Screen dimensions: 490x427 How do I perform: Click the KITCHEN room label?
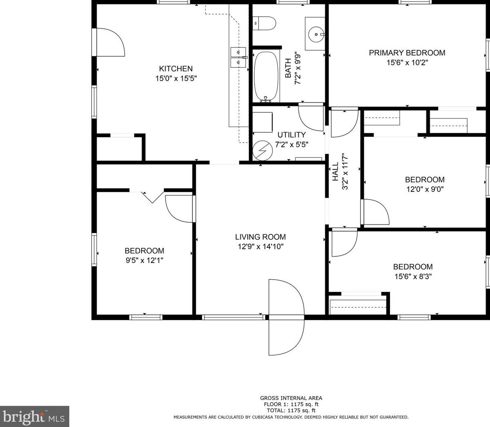pyautogui.click(x=176, y=69)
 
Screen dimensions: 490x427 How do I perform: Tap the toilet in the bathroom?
pyautogui.click(x=264, y=23)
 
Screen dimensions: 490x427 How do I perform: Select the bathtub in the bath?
pyautogui.click(x=266, y=77)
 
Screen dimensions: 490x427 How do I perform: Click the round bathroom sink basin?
pyautogui.click(x=316, y=35)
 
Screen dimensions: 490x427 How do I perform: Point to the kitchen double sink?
pyautogui.click(x=238, y=57)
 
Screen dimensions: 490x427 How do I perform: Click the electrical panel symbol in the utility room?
pyautogui.click(x=263, y=151)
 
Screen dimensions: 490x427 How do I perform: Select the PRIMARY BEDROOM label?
pyautogui.click(x=407, y=53)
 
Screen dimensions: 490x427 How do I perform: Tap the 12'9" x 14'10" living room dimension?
pyautogui.click(x=261, y=247)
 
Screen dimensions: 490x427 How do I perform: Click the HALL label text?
pyautogui.click(x=335, y=171)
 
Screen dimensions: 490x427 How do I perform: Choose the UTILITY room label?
pyautogui.click(x=291, y=135)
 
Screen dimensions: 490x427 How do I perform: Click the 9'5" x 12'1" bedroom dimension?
pyautogui.click(x=144, y=260)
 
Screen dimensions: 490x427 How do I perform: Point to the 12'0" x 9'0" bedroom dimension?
pyautogui.click(x=425, y=189)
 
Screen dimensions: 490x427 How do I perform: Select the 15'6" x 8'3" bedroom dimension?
pyautogui.click(x=413, y=276)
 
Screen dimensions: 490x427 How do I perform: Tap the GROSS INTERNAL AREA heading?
pyautogui.click(x=291, y=398)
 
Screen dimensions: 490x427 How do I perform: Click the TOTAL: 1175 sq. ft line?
pyautogui.click(x=291, y=410)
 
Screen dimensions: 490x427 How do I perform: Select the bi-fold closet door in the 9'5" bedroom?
pyautogui.click(x=146, y=197)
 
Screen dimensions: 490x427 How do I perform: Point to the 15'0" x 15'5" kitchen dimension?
pyautogui.click(x=176, y=79)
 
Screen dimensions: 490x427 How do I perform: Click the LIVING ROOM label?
pyautogui.click(x=260, y=237)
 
